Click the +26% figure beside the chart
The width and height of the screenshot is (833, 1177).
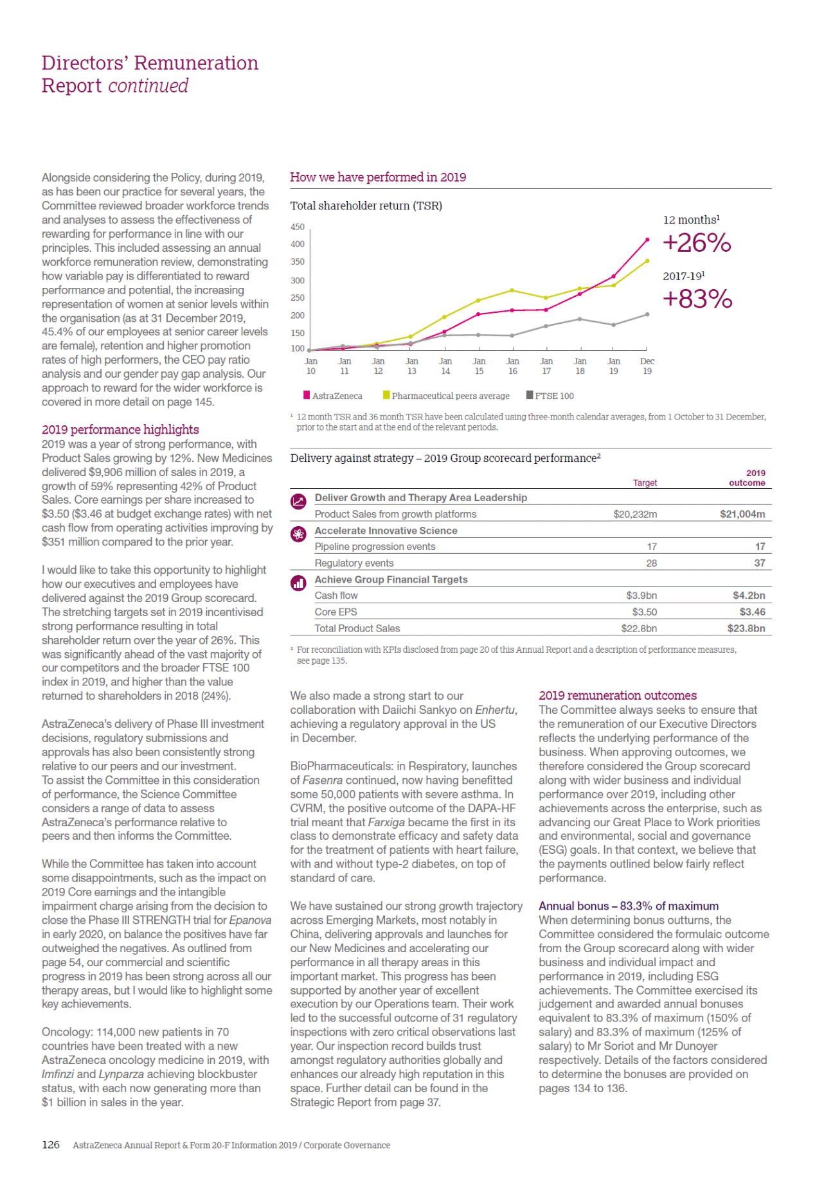point(697,243)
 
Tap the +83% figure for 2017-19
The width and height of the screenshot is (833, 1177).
point(697,299)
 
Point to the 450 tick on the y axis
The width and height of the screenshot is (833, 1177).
point(298,227)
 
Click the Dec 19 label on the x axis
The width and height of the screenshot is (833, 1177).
point(647,366)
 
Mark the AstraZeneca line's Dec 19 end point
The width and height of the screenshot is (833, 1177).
point(647,240)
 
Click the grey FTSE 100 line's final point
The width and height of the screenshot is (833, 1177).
point(647,314)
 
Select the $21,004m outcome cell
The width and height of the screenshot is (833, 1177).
point(742,514)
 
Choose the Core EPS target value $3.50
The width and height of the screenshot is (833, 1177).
point(644,612)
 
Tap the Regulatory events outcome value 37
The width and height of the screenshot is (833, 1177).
point(760,563)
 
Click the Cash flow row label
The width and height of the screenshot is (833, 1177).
point(336,596)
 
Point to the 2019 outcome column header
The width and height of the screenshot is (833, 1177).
point(748,478)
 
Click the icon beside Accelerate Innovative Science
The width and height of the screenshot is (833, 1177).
point(298,534)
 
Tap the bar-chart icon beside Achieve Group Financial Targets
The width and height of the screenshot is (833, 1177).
point(298,583)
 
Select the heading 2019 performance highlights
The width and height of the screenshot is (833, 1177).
point(120,429)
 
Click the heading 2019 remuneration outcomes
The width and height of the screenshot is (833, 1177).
point(618,695)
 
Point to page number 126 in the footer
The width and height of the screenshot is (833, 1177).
point(51,1144)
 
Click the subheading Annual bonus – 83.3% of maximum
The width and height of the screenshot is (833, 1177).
point(629,906)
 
